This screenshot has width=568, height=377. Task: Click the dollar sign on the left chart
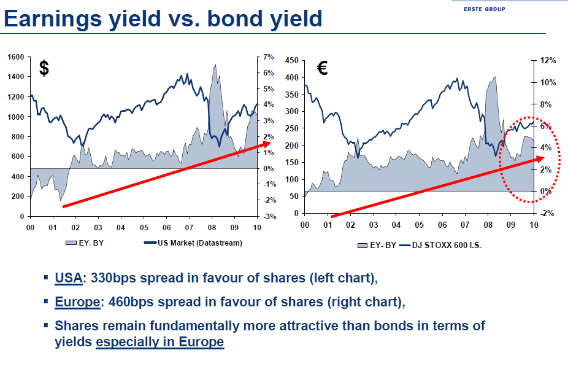point(44,68)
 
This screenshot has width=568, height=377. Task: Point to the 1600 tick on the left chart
point(16,57)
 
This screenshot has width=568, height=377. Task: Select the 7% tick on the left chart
point(268,57)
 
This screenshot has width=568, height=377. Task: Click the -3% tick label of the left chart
point(268,217)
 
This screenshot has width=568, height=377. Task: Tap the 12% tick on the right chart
point(548,61)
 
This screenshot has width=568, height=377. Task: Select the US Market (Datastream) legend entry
point(200,243)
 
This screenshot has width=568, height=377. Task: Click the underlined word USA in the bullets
point(68,278)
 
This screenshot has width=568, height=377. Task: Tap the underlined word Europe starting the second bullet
point(77,302)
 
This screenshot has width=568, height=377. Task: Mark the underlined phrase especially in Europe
point(160,342)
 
